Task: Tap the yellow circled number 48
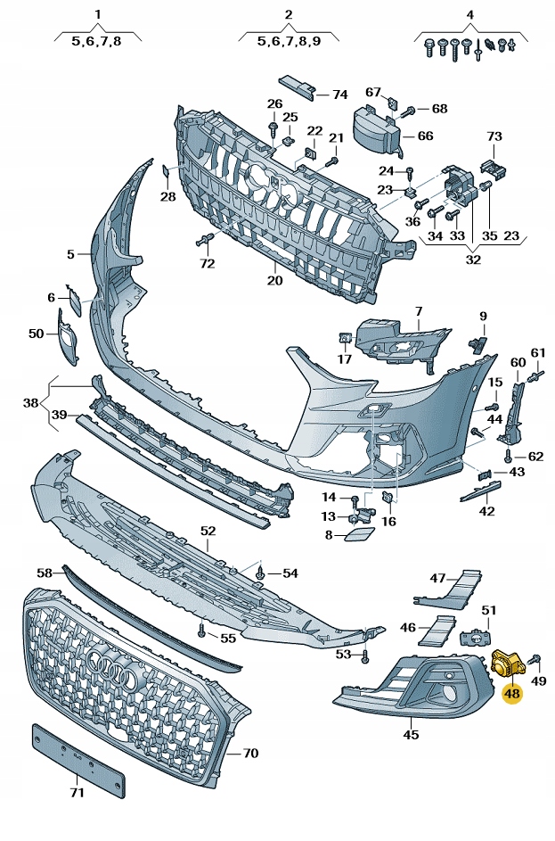coord(512,693)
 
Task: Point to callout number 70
coord(250,754)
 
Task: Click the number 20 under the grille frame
coord(274,281)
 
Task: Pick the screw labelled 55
coord(201,631)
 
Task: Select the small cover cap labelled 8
coord(362,533)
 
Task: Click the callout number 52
coord(208,531)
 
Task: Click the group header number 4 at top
coord(469,14)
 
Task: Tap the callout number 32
coord(473,260)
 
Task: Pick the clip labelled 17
coord(343,339)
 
